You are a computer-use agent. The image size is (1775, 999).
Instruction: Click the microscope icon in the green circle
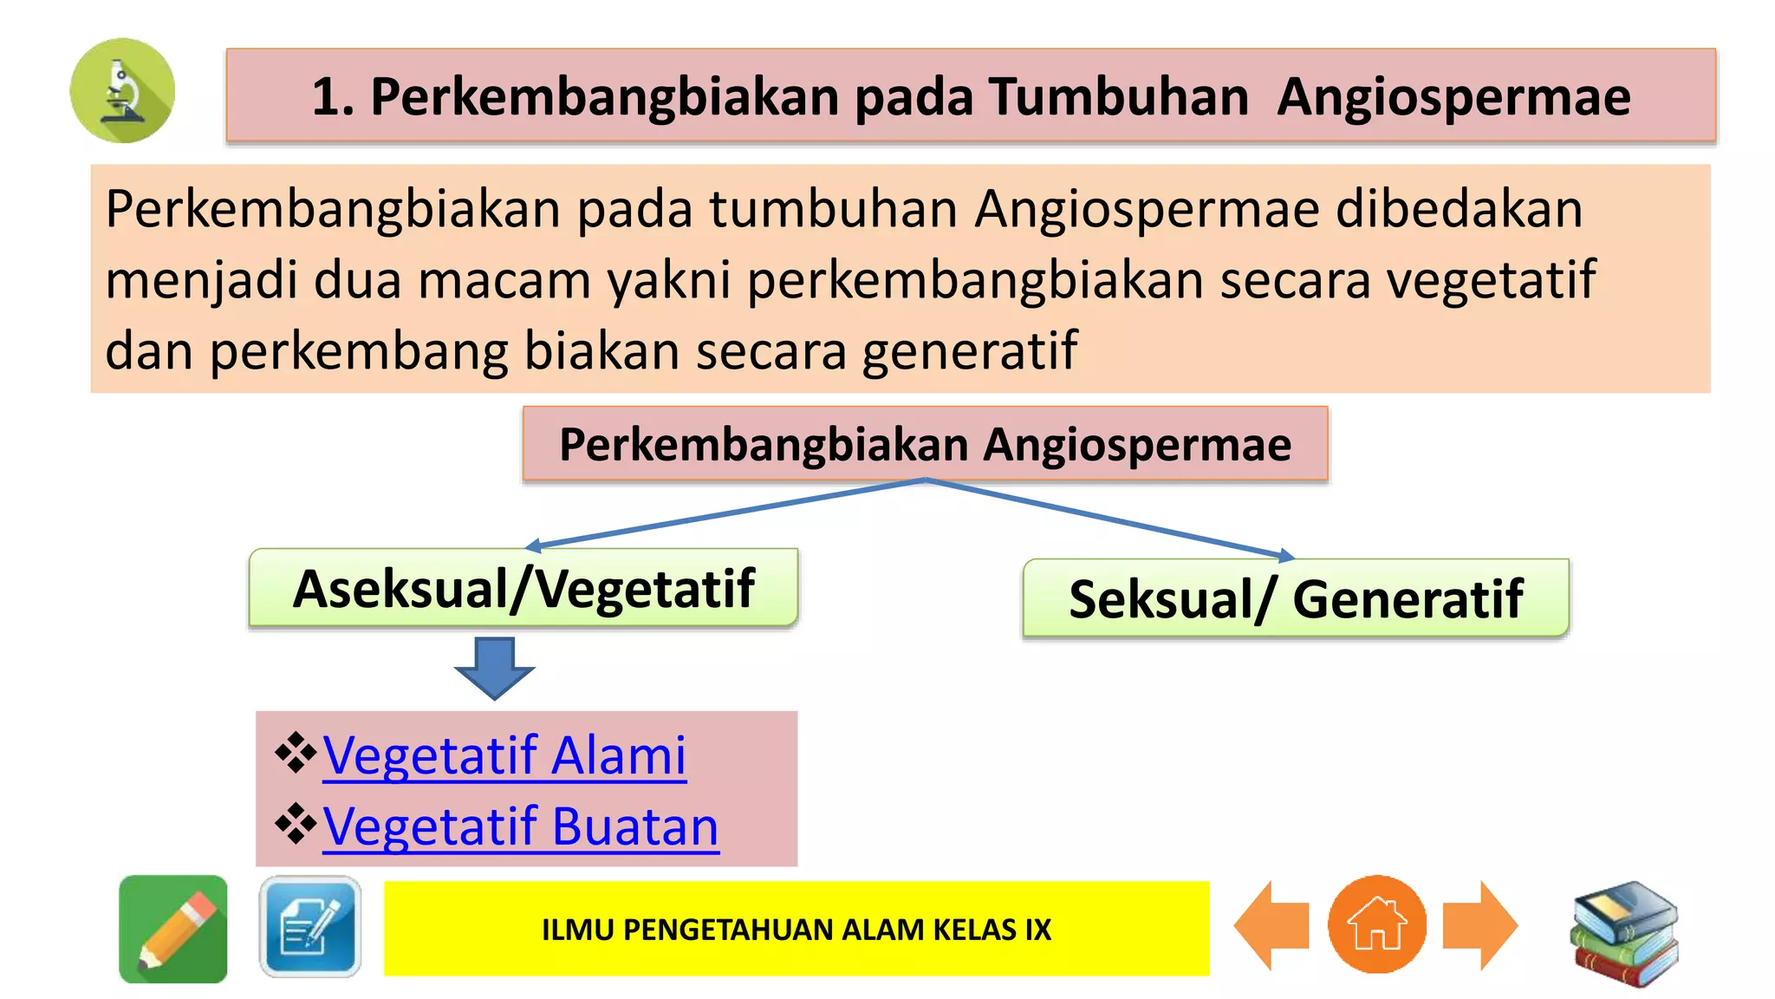click(x=122, y=90)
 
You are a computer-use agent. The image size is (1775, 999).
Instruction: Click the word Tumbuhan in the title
click(x=1118, y=96)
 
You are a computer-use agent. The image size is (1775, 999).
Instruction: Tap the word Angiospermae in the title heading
click(x=1453, y=96)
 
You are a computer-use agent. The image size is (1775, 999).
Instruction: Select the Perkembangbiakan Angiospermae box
click(x=925, y=444)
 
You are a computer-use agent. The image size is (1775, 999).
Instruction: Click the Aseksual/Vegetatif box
click(x=523, y=588)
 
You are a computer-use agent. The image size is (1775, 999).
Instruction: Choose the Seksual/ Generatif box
click(x=1296, y=598)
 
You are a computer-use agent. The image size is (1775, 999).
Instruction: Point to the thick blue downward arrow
click(x=495, y=667)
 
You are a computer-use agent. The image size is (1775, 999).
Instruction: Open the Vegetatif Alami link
click(x=504, y=755)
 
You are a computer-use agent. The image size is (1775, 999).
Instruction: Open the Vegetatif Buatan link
click(x=521, y=826)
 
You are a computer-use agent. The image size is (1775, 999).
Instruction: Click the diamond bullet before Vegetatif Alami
click(x=296, y=753)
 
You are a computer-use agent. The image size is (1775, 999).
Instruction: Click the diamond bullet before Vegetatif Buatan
click(x=296, y=824)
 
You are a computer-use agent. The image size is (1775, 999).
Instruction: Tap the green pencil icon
click(x=173, y=929)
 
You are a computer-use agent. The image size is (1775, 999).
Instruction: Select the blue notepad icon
click(x=310, y=927)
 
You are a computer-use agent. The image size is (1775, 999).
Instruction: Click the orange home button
click(x=1376, y=925)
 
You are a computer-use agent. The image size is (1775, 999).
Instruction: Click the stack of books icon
click(x=1624, y=932)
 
